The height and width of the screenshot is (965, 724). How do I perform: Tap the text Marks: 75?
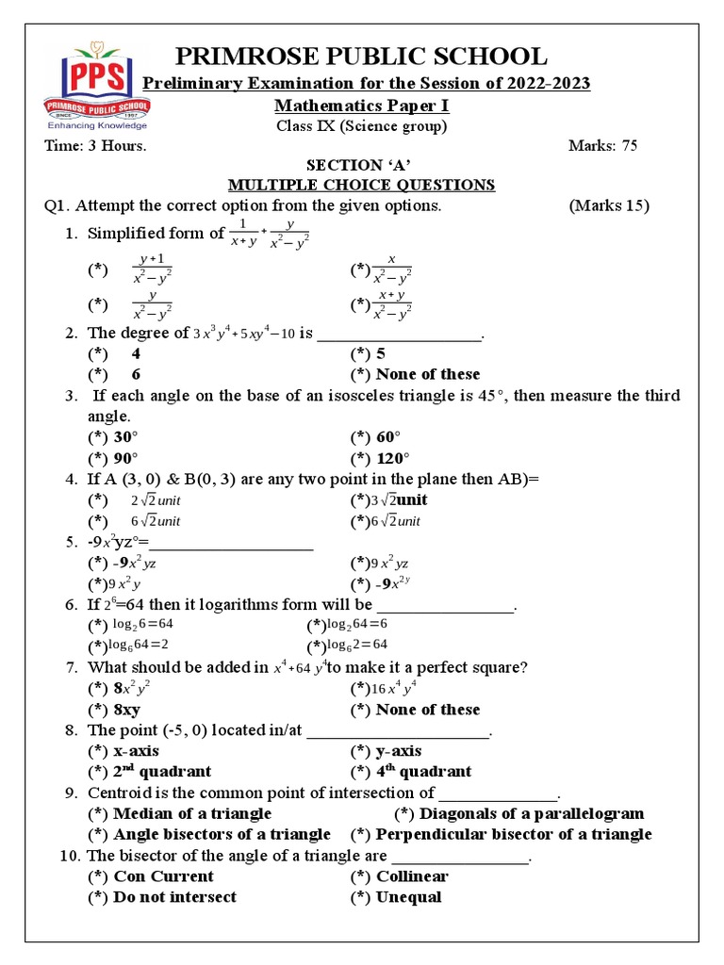point(603,146)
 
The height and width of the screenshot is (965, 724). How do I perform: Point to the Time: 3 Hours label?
point(96,146)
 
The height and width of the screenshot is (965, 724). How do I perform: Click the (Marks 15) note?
point(610,206)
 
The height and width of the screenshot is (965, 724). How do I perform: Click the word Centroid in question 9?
point(119,793)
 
